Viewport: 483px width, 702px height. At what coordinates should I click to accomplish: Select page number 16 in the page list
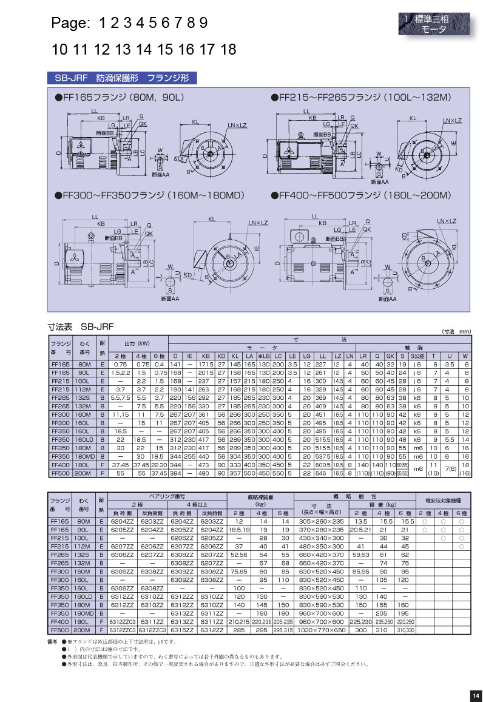point(187,50)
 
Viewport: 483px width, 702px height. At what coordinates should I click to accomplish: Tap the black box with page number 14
point(475,695)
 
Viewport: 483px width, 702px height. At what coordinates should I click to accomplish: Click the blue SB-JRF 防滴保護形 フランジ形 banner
point(122,79)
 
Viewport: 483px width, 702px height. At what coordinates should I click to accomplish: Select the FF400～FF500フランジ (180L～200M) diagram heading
point(362,196)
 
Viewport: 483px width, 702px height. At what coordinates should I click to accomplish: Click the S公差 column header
point(416,356)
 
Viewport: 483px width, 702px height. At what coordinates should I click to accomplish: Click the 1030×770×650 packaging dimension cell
point(322,631)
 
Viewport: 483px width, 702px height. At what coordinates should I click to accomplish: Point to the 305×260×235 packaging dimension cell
point(322,521)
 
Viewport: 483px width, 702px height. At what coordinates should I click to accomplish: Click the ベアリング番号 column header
point(166,496)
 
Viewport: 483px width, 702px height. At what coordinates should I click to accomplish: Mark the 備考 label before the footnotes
point(52,641)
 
